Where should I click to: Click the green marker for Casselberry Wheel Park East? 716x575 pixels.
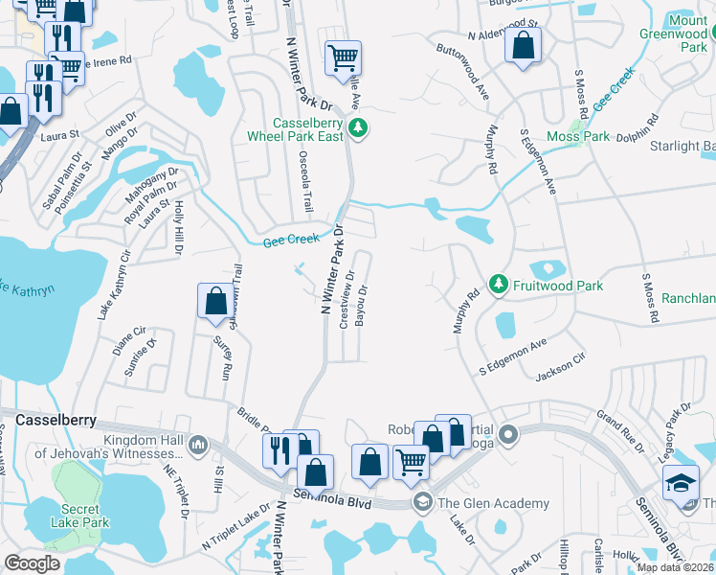[358, 127]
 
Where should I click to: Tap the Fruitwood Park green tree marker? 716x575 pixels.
[498, 285]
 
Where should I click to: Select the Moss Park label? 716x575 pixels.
[578, 137]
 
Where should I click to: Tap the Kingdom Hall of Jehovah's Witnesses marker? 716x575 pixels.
[198, 445]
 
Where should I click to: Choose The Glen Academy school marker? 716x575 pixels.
[422, 502]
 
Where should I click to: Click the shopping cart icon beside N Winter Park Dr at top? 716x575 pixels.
[343, 57]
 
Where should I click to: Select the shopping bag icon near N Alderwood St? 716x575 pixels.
[524, 46]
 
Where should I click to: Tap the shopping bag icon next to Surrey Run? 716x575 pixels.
[215, 301]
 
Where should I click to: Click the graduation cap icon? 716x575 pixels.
[681, 482]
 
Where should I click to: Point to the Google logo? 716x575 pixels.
[32, 563]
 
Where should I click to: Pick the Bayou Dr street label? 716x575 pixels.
[363, 304]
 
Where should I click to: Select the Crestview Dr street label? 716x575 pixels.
[347, 298]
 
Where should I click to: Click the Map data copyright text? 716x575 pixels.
[676, 567]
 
